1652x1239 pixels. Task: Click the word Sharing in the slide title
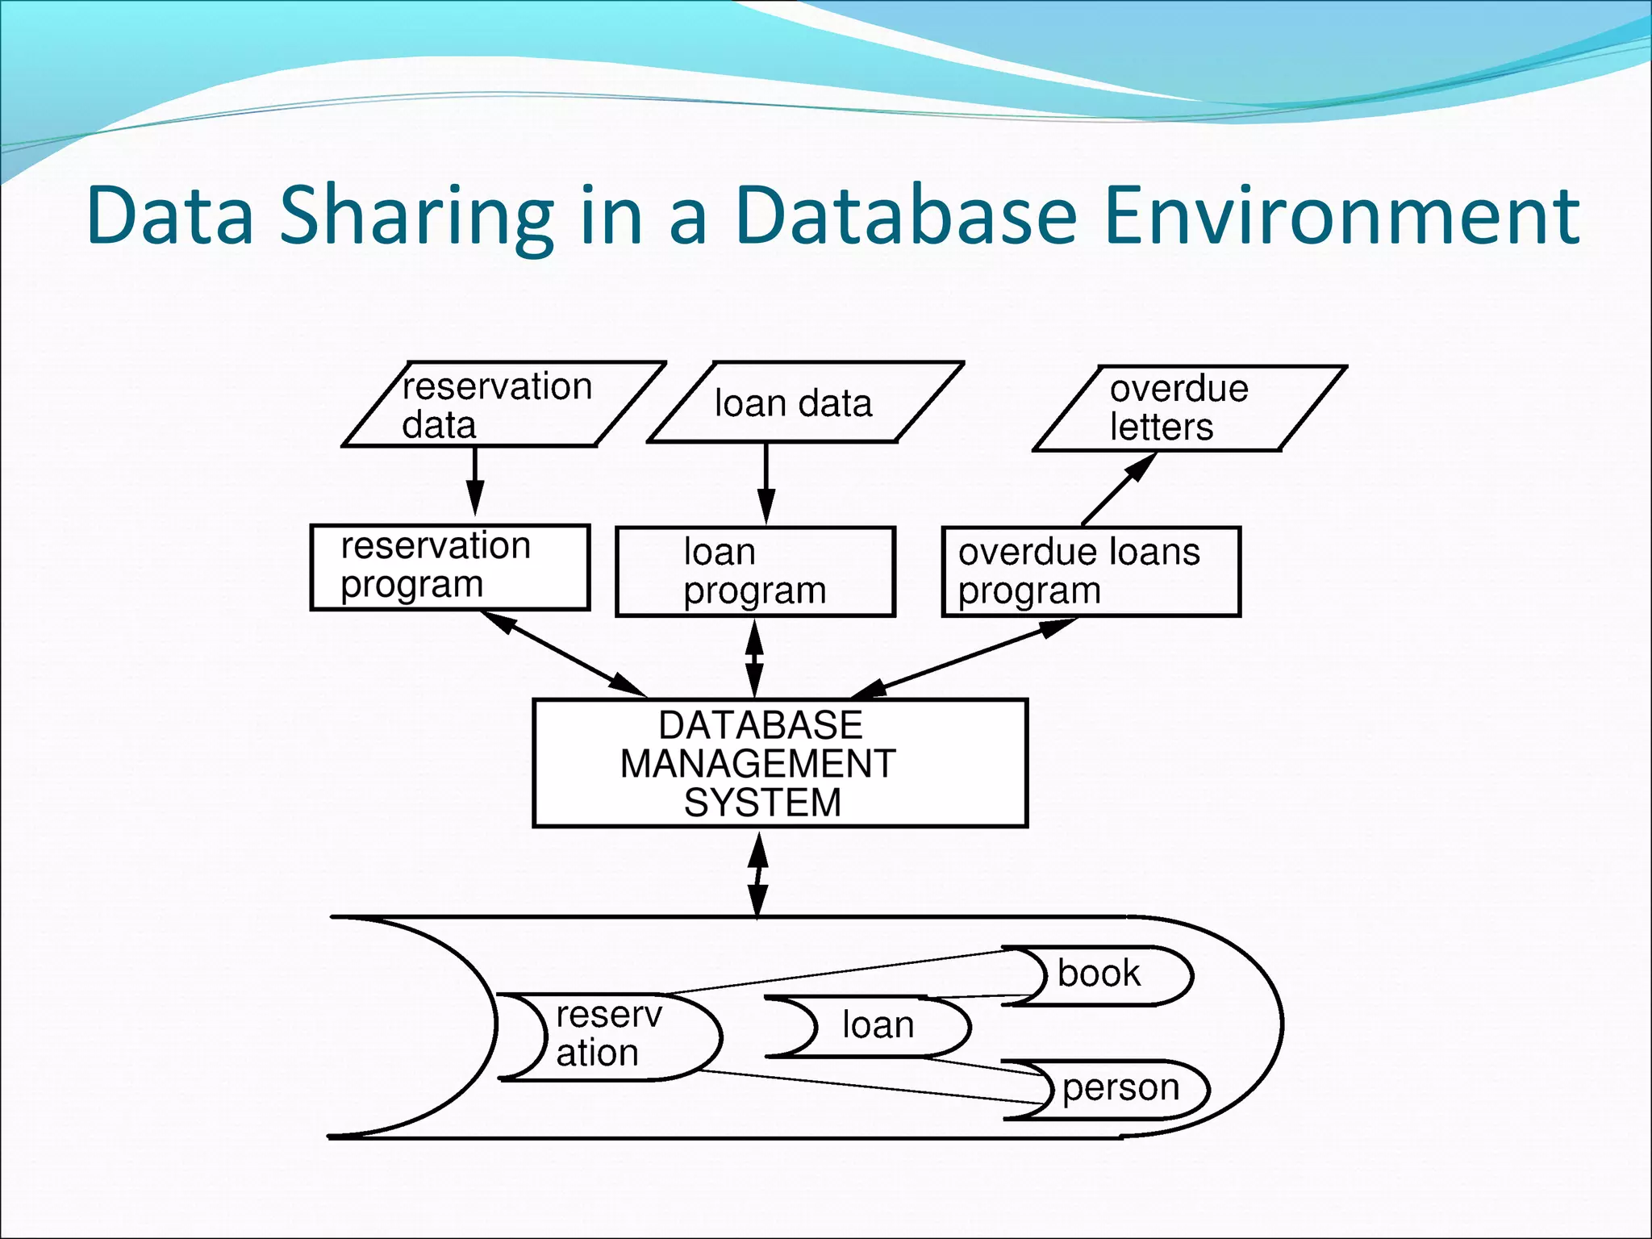pyautogui.click(x=416, y=216)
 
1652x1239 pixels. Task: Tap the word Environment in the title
pyautogui.click(x=1339, y=216)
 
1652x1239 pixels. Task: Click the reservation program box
pyautogui.click(x=450, y=567)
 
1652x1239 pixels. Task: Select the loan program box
pyautogui.click(x=755, y=572)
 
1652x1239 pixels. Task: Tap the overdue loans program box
pyautogui.click(x=1090, y=572)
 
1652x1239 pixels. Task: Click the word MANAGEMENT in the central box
pyautogui.click(x=757, y=764)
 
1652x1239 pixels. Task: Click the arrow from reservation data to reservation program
pyautogui.click(x=475, y=480)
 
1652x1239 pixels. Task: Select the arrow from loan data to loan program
pyautogui.click(x=766, y=482)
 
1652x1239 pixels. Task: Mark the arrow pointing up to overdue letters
pyautogui.click(x=1119, y=489)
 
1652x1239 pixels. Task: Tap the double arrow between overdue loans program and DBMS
pyautogui.click(x=965, y=657)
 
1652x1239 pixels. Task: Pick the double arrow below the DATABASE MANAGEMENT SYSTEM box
pyautogui.click(x=757, y=874)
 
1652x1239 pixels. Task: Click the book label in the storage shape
pyautogui.click(x=1099, y=974)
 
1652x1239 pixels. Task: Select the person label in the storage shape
pyautogui.click(x=1120, y=1088)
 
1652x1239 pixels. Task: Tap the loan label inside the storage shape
pyautogui.click(x=878, y=1025)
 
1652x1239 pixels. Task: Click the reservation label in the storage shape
pyautogui.click(x=607, y=1034)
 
